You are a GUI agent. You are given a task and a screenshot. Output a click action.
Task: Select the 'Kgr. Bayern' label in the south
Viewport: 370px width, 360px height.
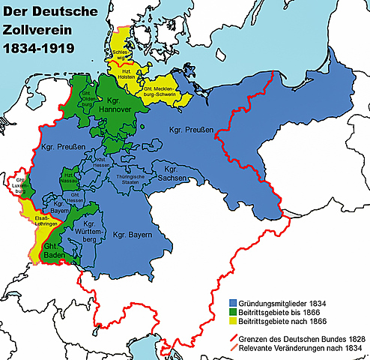coord(133,235)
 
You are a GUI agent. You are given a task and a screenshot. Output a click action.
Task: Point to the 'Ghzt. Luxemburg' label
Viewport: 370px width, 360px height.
coord(18,184)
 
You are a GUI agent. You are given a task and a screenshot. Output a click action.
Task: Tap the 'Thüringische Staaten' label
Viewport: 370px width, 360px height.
coord(130,179)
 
